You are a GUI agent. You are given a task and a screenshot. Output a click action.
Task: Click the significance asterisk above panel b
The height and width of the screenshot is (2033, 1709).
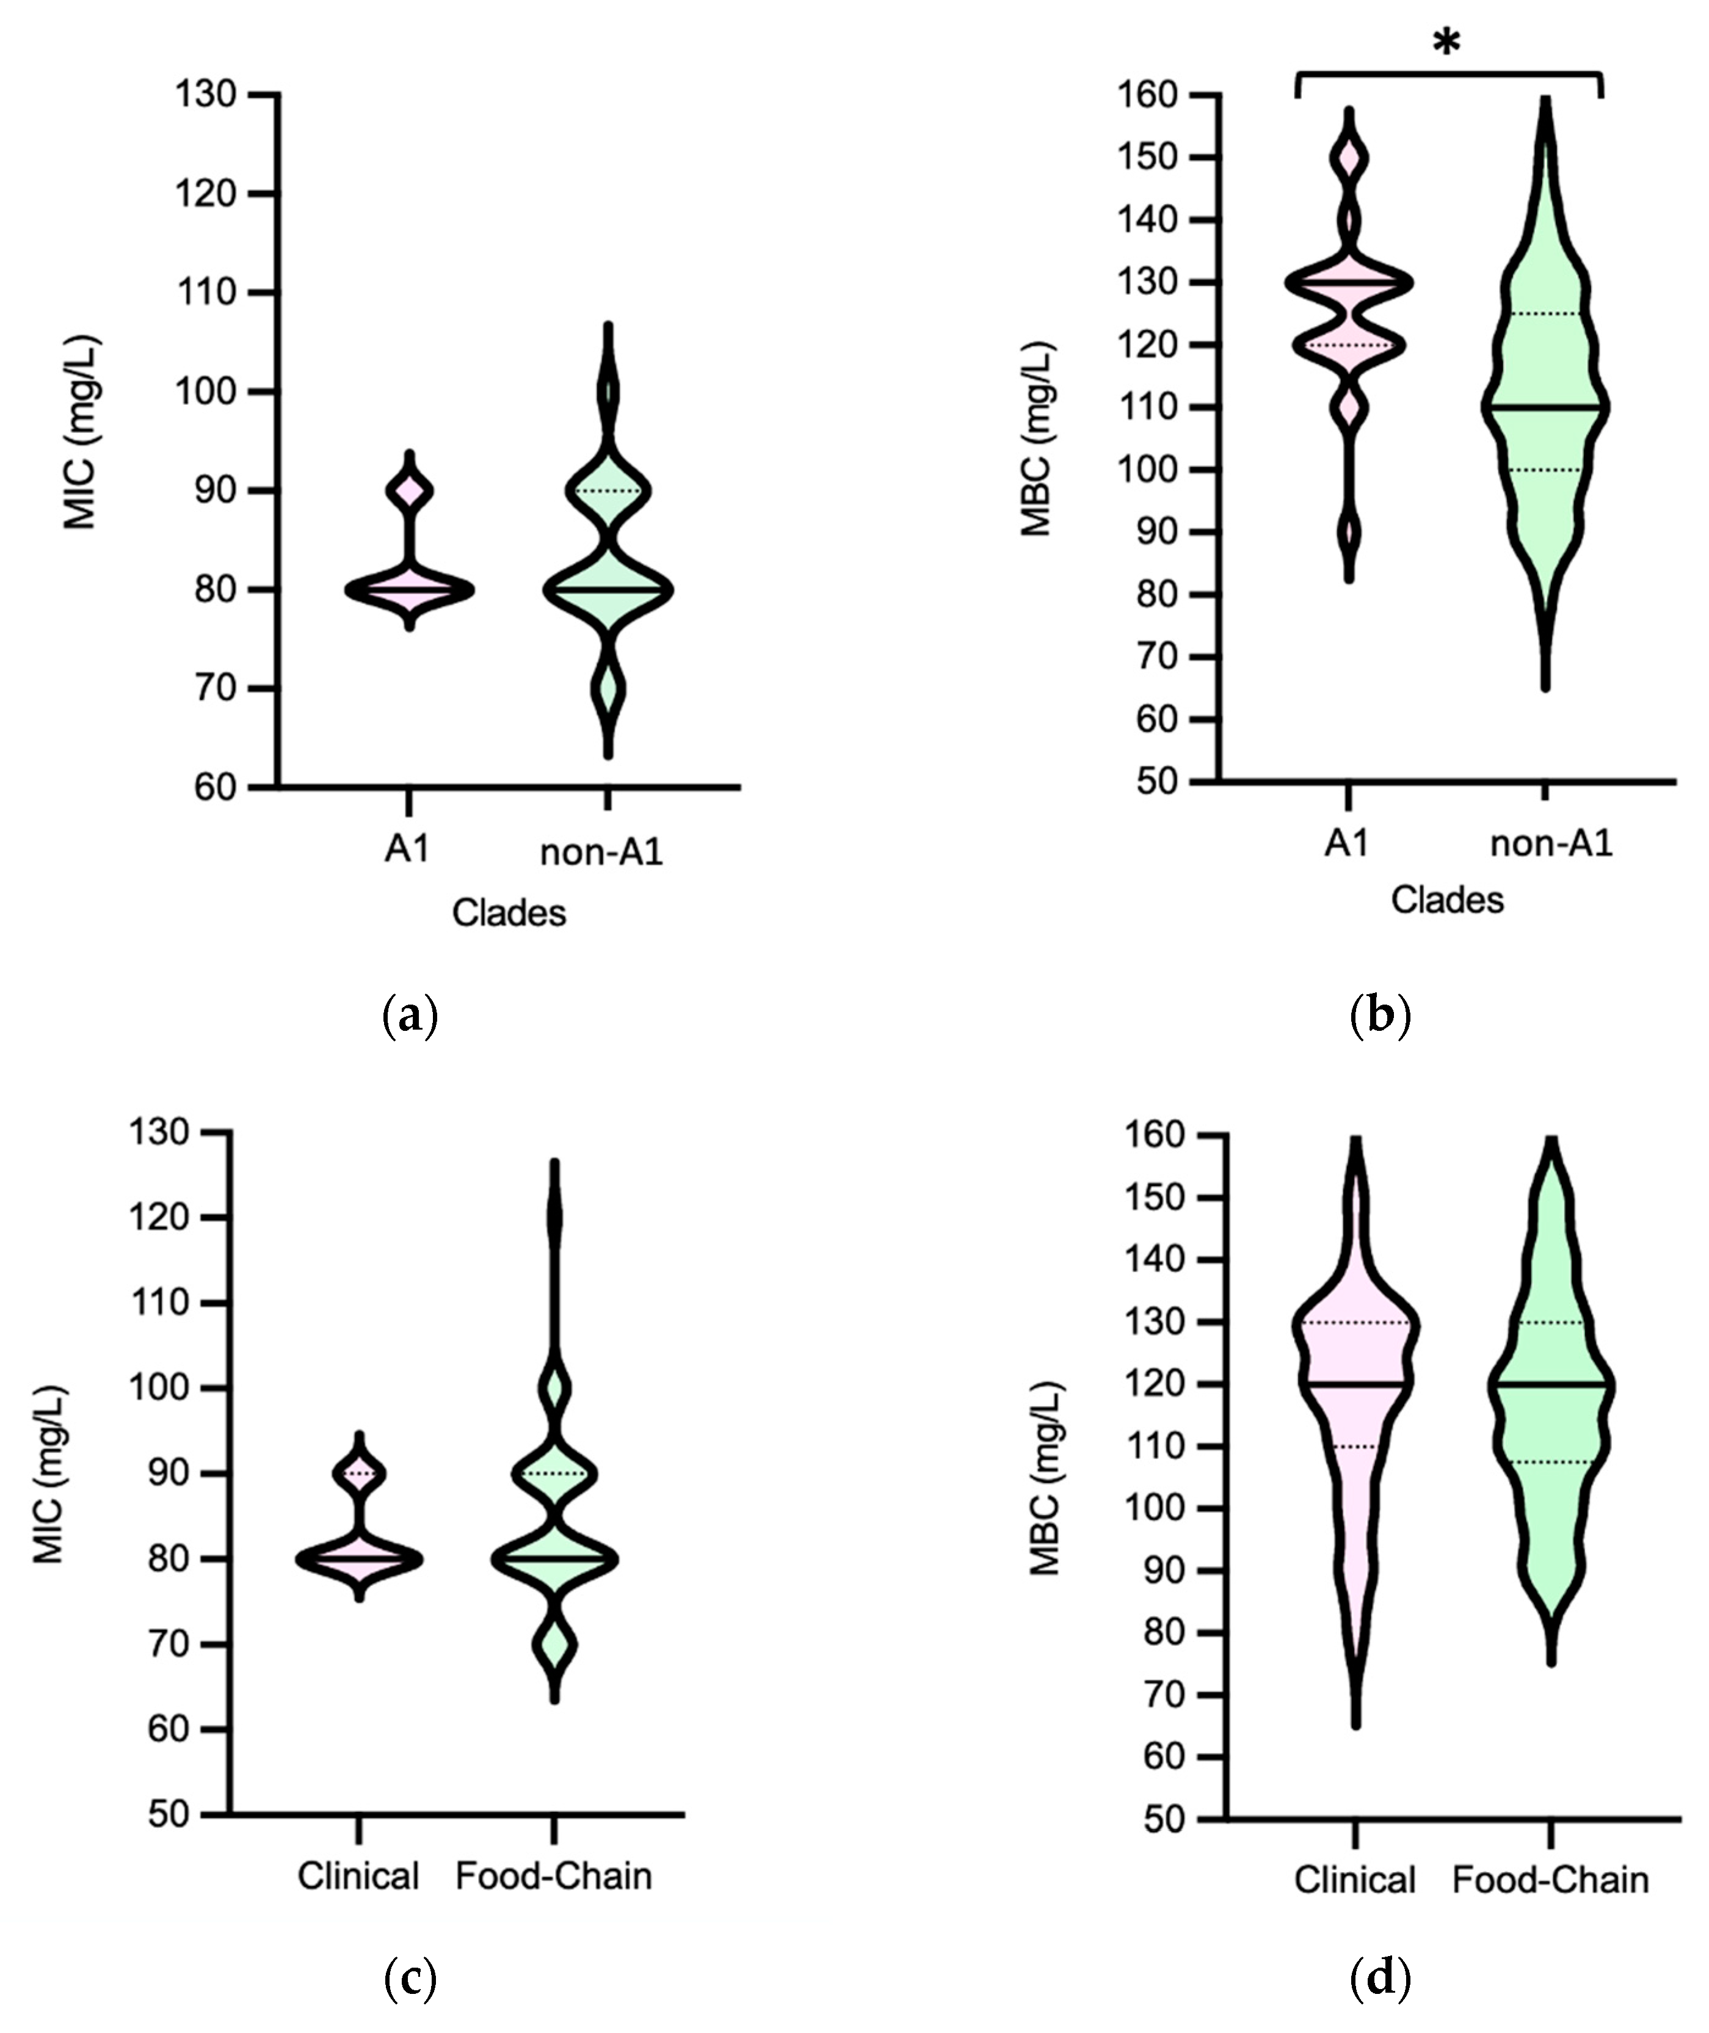click(1446, 43)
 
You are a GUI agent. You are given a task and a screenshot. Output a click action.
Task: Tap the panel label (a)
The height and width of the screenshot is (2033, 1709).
click(412, 1016)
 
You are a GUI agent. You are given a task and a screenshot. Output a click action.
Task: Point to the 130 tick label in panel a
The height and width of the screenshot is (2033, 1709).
click(205, 95)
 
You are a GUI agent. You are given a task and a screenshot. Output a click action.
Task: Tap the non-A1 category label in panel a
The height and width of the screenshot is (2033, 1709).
click(601, 852)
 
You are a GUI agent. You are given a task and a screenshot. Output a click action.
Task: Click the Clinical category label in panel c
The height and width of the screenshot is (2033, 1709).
click(358, 1876)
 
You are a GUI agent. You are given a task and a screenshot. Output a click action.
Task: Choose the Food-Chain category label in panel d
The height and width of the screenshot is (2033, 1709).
click(1550, 1880)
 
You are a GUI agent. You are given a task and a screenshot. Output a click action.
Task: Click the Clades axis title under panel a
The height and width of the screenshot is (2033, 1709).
click(509, 913)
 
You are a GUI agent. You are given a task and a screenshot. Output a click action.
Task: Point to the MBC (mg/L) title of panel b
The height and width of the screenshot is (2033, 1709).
click(1037, 439)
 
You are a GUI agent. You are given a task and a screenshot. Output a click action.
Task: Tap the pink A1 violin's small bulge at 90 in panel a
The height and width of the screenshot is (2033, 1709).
click(409, 491)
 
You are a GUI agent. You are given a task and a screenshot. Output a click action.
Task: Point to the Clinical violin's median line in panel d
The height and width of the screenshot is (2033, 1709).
click(1354, 1384)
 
